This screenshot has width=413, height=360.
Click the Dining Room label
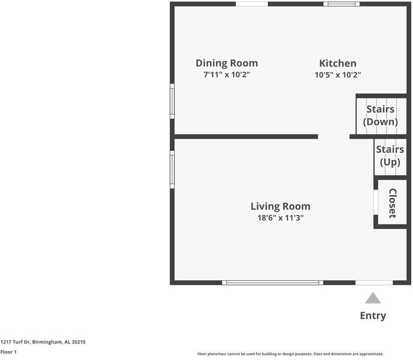tap(227, 64)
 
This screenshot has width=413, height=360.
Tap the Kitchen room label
tap(338, 64)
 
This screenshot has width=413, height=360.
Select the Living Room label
tap(280, 206)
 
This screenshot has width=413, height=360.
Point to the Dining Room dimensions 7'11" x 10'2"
tap(226, 74)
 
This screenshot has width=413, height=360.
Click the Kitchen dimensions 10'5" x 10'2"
tap(338, 75)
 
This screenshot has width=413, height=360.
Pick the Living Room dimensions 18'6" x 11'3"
tap(280, 218)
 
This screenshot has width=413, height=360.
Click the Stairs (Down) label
tap(381, 116)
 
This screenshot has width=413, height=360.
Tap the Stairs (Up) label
tap(390, 155)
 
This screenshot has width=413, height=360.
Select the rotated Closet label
tap(393, 203)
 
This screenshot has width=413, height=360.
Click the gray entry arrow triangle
tap(373, 298)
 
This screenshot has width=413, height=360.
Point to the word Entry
tap(373, 316)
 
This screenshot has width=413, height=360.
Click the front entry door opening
tap(374, 283)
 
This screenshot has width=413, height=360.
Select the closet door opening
tap(376, 202)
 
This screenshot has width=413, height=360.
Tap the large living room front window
tap(273, 283)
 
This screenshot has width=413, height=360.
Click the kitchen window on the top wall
tap(342, 4)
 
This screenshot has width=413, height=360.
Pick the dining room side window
tap(172, 101)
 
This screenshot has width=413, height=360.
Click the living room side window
tap(172, 169)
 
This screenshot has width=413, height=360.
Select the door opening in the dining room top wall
tap(252, 4)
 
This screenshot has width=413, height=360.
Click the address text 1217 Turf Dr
tap(15, 342)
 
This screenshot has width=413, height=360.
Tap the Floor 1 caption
tap(8, 352)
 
